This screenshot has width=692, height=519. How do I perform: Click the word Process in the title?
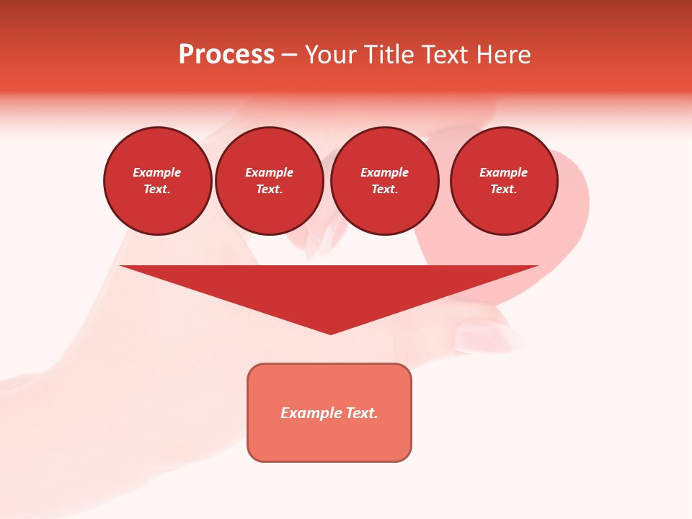click(226, 55)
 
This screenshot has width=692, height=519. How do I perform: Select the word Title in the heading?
click(390, 55)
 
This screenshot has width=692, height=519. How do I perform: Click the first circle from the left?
click(157, 181)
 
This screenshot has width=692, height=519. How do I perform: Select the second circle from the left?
click(270, 181)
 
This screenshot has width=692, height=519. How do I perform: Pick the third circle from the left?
click(384, 181)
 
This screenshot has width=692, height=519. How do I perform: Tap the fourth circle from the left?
click(504, 181)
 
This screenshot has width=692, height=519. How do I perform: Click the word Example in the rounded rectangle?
click(310, 413)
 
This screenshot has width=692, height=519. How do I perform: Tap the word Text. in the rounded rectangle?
click(360, 413)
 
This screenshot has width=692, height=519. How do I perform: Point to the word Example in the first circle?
click(157, 172)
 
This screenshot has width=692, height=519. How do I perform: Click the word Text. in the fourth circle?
click(504, 190)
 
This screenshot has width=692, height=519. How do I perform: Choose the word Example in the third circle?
click(384, 172)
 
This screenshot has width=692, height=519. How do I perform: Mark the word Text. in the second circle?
click(270, 190)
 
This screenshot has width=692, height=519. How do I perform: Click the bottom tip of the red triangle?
click(330, 332)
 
